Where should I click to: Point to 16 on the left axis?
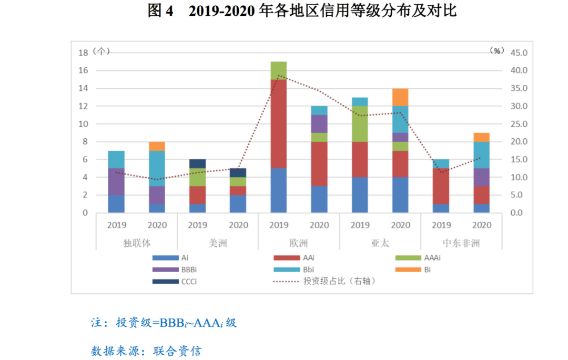coord(83,70)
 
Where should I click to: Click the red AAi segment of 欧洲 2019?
coord(279,124)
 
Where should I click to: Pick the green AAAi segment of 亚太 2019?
coord(360,124)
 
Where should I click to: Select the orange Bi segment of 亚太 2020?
coord(400,97)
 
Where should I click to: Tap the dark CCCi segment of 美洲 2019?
coord(198,163)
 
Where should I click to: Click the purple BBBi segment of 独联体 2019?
coord(116,181)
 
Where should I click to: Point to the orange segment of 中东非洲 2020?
coord(481,137)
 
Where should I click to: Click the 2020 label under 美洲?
coord(238,225)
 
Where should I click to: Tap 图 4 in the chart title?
coord(160,12)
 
